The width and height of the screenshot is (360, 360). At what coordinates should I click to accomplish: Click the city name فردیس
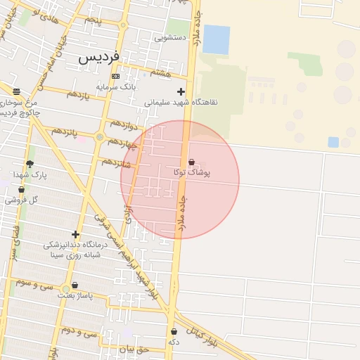click(x=99, y=56)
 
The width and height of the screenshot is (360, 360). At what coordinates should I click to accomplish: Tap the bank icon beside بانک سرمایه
click(x=116, y=77)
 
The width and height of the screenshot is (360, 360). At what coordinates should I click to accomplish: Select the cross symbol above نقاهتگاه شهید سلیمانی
click(x=181, y=91)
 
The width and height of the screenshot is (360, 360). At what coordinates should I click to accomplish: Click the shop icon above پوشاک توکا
click(x=191, y=162)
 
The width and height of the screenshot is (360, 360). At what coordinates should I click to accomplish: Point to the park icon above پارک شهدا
click(x=30, y=164)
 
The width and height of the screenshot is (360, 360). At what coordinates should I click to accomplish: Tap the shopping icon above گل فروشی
click(x=21, y=190)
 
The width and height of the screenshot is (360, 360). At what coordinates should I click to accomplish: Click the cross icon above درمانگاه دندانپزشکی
click(x=75, y=235)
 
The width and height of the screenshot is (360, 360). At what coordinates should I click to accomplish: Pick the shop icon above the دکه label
click(x=174, y=331)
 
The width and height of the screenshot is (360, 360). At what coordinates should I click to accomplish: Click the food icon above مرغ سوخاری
click(x=16, y=91)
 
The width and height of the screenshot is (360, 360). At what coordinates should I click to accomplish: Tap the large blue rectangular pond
click(x=216, y=39)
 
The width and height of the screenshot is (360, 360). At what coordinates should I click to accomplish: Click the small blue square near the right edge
click(x=333, y=142)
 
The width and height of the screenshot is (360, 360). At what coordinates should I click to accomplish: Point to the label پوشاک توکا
click(x=191, y=172)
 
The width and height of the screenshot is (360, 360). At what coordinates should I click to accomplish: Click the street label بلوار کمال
click(x=204, y=335)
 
